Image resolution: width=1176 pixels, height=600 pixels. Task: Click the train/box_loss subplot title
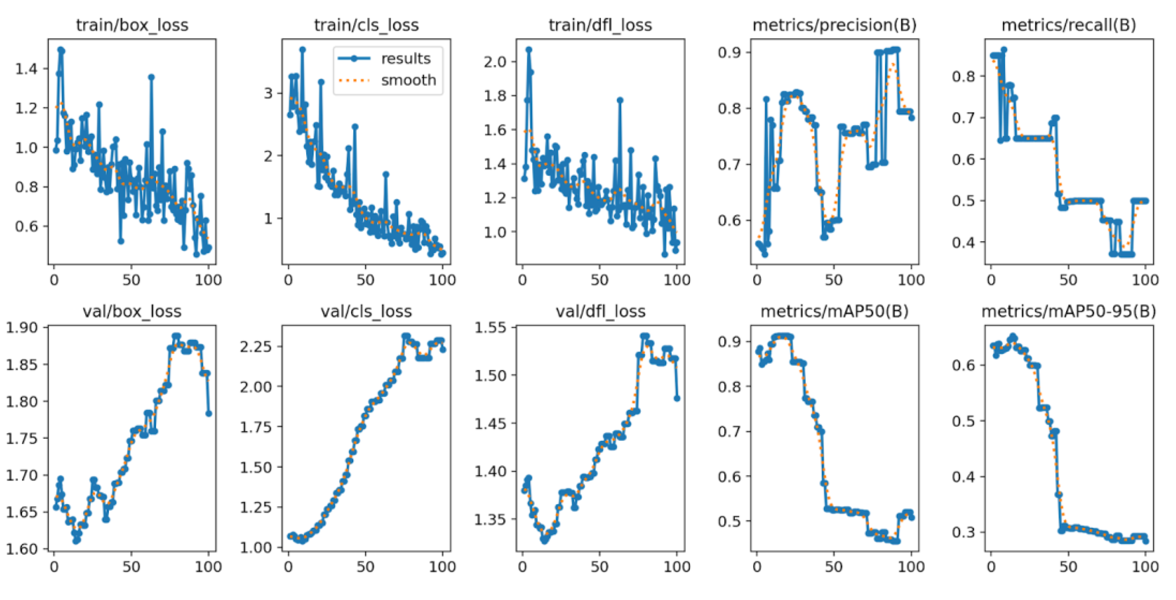point(132,25)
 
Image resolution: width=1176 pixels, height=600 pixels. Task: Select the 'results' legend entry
point(405,59)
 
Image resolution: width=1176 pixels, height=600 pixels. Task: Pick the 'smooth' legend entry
point(408,80)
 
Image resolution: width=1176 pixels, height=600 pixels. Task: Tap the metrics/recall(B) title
point(1069,25)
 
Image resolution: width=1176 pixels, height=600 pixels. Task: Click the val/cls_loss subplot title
point(366,311)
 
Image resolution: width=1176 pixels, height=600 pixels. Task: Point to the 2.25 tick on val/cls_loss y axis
point(256,347)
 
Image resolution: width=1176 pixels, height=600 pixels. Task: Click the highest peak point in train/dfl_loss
point(529,49)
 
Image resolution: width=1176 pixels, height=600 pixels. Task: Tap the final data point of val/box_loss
point(209,413)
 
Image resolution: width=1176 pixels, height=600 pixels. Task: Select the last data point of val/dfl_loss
point(677,398)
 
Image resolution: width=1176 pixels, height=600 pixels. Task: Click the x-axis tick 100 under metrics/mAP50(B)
point(911,567)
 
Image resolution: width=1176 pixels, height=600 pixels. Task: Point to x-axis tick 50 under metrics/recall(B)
point(1068,279)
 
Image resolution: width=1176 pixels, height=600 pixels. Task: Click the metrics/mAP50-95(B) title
point(1069,311)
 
